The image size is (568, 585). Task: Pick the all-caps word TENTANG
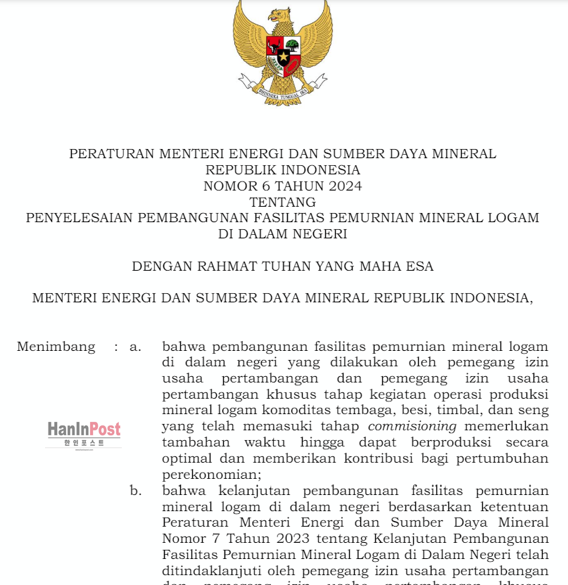point(282,202)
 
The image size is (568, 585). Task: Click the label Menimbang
point(56,347)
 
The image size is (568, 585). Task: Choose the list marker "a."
point(136,347)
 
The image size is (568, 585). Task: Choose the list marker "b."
point(136,490)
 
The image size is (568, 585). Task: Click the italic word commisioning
point(412,427)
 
